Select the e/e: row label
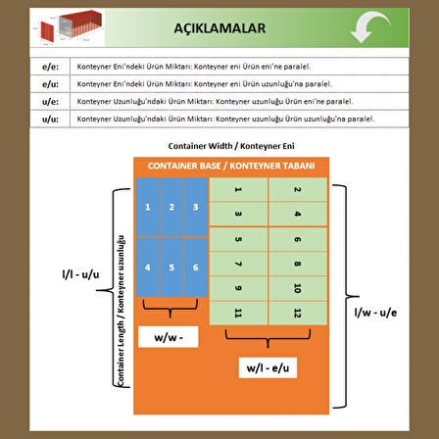coord(50,66)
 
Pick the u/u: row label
coord(50,119)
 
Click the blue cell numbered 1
coord(148,207)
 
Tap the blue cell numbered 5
coord(171,268)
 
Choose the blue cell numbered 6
coord(196,268)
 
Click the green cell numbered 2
coord(298,189)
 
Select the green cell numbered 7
coord(239,264)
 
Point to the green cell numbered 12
coord(298,313)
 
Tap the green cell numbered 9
coord(239,288)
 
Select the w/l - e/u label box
coord(268,367)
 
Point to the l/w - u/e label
coord(376,313)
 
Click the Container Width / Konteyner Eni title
coord(230,145)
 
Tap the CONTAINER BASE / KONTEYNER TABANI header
coord(230,166)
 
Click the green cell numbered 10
coord(298,288)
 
